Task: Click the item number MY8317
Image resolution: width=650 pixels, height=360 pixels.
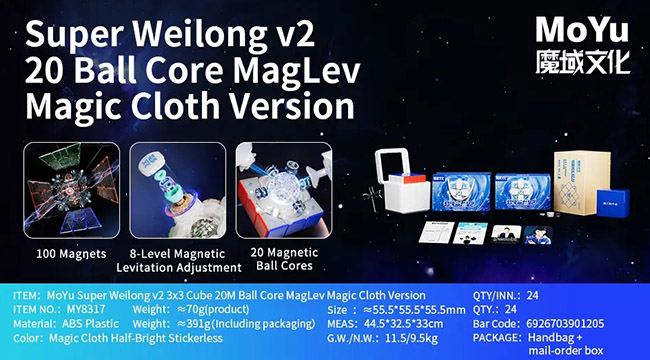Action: coord(87,310)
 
